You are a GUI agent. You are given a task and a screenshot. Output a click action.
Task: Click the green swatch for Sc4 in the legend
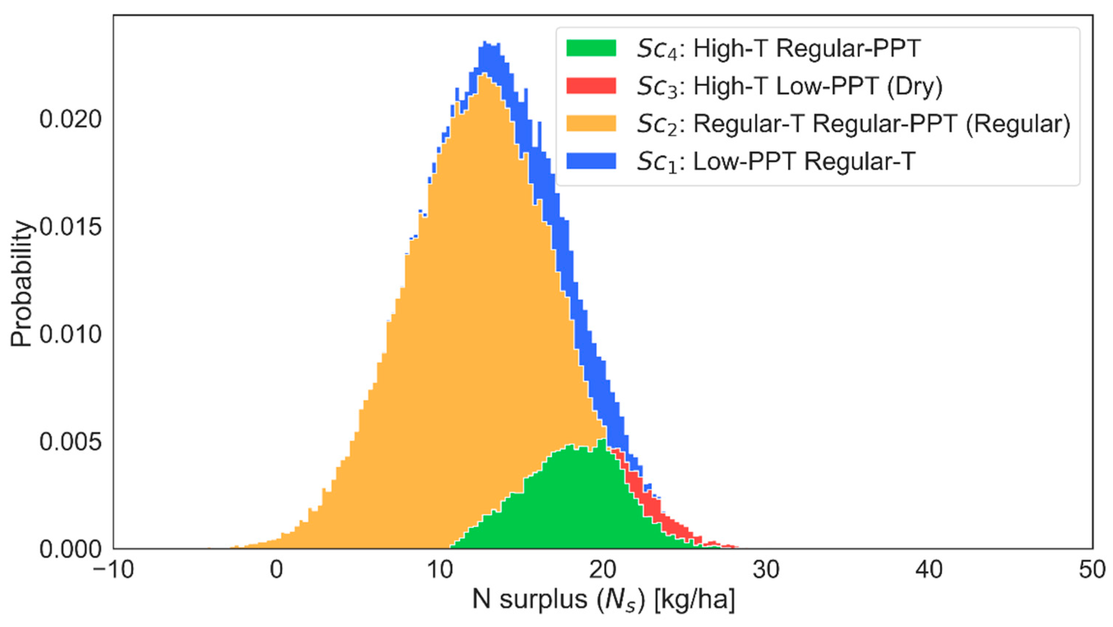(591, 48)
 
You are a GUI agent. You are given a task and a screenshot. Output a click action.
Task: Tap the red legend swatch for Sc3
(591, 86)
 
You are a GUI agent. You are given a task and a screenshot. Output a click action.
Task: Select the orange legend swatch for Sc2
(591, 123)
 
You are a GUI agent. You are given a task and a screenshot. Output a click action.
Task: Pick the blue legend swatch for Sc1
(591, 161)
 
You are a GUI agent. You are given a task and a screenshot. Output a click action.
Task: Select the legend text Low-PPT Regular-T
(804, 161)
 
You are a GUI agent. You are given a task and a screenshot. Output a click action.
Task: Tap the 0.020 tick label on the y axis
(71, 119)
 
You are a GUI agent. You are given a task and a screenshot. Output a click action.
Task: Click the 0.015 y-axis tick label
(71, 227)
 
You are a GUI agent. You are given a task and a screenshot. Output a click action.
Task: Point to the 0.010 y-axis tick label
(71, 334)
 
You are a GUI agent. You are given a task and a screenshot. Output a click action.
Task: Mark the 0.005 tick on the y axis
(71, 441)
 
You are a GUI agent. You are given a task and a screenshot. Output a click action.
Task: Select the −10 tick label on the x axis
(113, 570)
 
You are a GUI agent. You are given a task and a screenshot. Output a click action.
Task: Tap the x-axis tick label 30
(766, 570)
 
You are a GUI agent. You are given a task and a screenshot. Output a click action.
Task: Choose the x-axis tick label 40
(929, 570)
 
